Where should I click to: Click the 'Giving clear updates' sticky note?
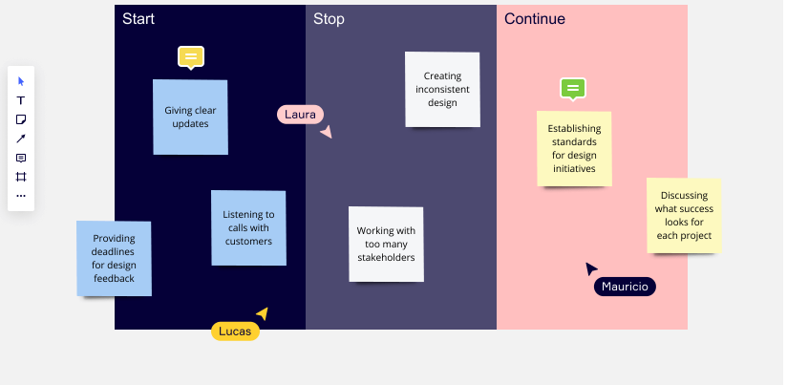coord(190,117)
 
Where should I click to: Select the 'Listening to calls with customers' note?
coord(248,228)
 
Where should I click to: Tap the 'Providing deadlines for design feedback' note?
coord(114,259)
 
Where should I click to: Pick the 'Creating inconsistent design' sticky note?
coord(442,90)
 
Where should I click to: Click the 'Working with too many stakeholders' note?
coord(386,244)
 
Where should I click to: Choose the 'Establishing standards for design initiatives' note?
coord(574,149)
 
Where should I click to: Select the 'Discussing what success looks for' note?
coord(684,215)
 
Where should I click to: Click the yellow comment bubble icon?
coord(191,57)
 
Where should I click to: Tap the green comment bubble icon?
coord(573,90)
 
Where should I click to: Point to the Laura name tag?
coord(300,115)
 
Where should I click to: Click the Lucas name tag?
coord(235,332)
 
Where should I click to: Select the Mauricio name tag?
coord(625,287)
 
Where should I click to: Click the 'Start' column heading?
coord(138,18)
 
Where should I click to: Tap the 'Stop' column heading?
coord(329,19)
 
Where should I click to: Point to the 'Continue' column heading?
coord(535,18)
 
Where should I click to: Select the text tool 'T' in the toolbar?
coord(21,100)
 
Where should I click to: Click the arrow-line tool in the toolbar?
coord(21,139)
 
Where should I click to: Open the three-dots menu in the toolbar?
coord(21,196)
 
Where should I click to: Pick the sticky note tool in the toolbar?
coord(21,119)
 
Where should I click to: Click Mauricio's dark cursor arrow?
coord(591,268)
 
